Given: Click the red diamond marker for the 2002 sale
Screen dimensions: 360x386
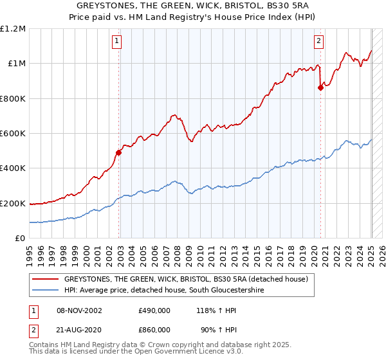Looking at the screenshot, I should [118, 152].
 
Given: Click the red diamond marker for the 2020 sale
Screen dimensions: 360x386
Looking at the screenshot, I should [320, 89].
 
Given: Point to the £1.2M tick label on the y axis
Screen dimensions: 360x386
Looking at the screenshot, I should [13, 29].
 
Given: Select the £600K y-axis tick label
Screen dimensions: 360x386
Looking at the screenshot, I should [13, 134].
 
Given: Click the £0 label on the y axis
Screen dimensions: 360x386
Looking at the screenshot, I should [21, 239].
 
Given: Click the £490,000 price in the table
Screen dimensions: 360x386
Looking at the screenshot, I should [154, 310].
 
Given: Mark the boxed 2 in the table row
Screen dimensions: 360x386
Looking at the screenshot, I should [33, 329].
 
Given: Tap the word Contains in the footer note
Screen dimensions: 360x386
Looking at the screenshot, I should [44, 346].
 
